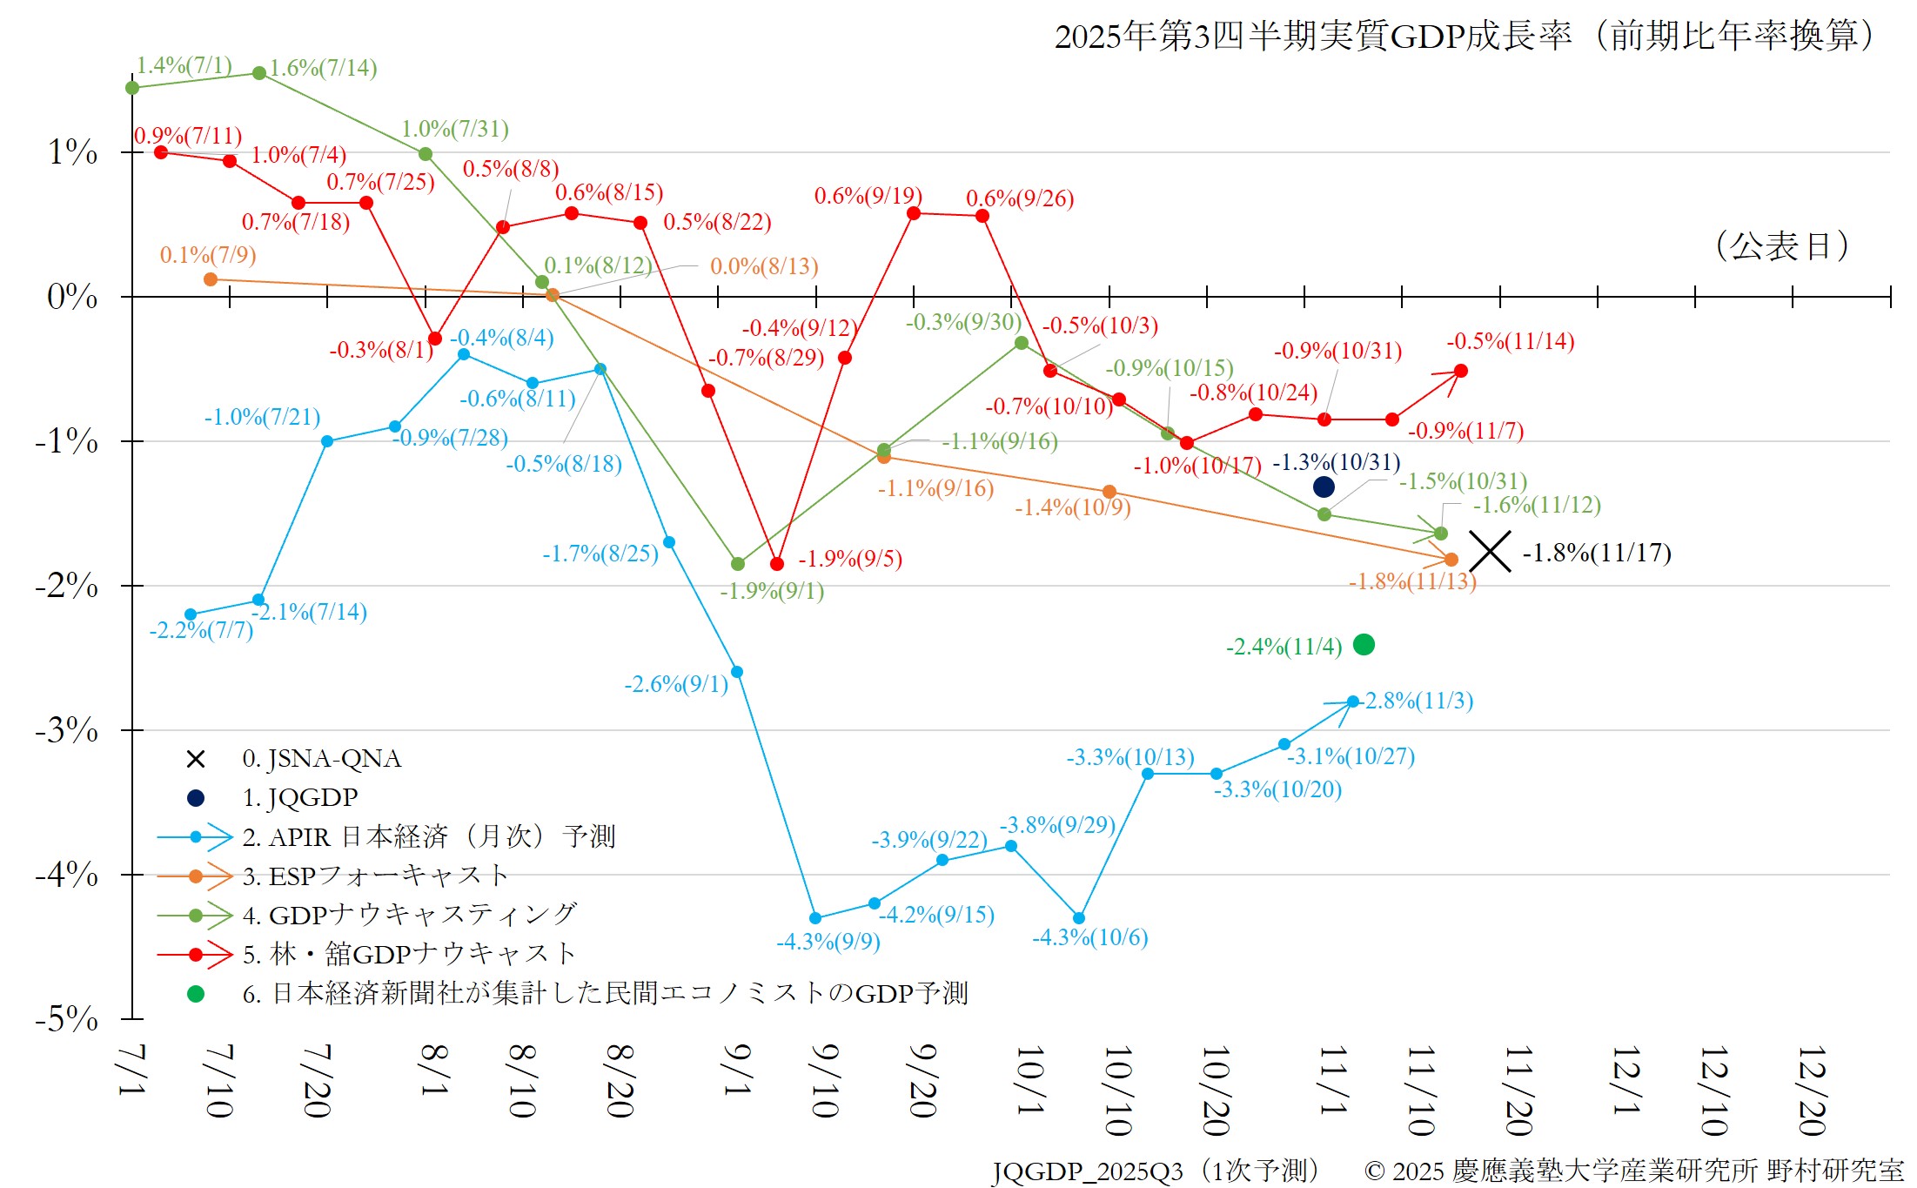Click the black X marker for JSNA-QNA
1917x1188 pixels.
(x=1490, y=552)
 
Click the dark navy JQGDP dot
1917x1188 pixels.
(x=1324, y=487)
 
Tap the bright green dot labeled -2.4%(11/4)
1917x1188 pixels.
(x=1364, y=645)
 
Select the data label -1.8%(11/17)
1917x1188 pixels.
(x=1597, y=553)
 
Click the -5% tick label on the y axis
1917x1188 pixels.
(x=66, y=1018)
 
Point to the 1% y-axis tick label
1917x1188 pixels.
(x=72, y=152)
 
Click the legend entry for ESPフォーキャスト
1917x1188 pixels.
(x=375, y=876)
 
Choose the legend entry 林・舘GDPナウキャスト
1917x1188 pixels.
(x=409, y=954)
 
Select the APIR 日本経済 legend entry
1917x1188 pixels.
(x=428, y=836)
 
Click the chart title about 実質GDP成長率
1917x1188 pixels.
(x=1465, y=37)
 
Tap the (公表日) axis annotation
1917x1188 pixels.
(x=1781, y=246)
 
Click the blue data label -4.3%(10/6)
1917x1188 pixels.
(x=1089, y=937)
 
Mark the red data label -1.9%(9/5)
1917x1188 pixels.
(x=850, y=559)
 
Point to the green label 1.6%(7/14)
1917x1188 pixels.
(x=323, y=68)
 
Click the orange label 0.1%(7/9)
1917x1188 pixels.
(x=208, y=255)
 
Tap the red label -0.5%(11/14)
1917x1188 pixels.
(x=1510, y=341)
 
